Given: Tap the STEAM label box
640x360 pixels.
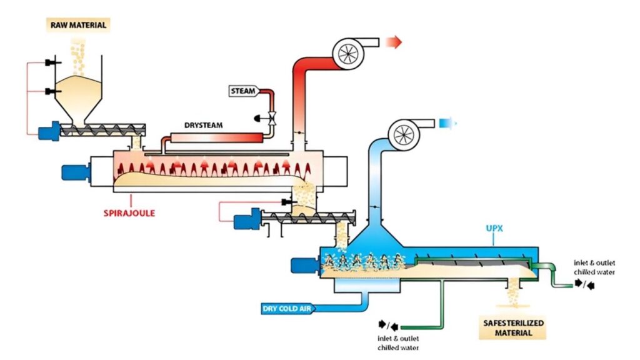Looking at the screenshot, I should pos(243,91).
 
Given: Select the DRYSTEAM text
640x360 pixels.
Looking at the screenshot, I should pos(203,125).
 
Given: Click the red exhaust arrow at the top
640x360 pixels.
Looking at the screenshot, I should pos(394,42).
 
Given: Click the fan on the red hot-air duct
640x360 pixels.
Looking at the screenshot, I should pos(347,54).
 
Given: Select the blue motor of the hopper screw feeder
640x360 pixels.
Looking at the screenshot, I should pos(49,132).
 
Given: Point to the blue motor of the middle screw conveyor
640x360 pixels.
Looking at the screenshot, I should pos(244,221).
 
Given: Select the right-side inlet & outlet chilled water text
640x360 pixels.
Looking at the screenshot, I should pos(594,267).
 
